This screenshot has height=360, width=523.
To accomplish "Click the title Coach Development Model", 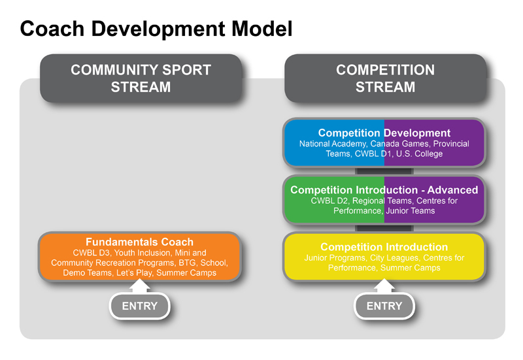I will pyautogui.click(x=156, y=28).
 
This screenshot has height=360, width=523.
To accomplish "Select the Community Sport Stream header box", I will pyautogui.click(x=141, y=78).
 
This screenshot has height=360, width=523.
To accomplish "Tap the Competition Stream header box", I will pyautogui.click(x=385, y=78).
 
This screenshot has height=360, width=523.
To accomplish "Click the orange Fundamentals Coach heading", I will pyautogui.click(x=139, y=242).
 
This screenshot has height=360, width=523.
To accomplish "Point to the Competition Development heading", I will pyautogui.click(x=384, y=133).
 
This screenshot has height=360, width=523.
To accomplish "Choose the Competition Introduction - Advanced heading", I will pyautogui.click(x=384, y=190).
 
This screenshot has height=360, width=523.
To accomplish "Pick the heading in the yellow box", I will pyautogui.click(x=384, y=247).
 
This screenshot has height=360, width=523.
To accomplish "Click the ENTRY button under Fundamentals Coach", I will pyautogui.click(x=140, y=306).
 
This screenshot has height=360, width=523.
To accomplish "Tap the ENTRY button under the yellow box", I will pyautogui.click(x=384, y=306).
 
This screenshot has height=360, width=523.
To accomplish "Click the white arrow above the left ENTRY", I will pyautogui.click(x=140, y=286).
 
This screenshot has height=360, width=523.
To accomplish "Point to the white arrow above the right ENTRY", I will pyautogui.click(x=384, y=286).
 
